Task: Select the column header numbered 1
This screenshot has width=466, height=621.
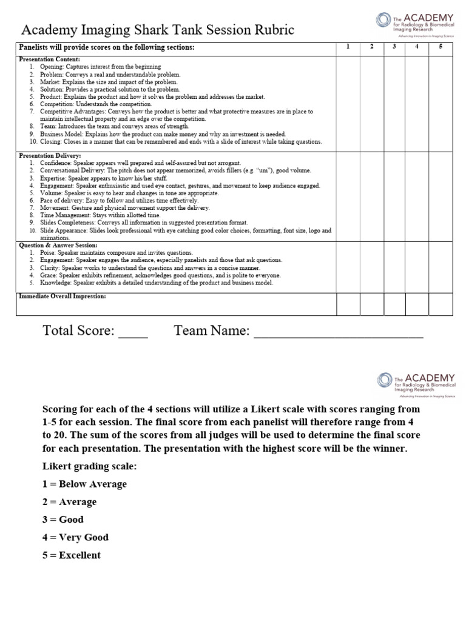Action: click(x=348, y=47)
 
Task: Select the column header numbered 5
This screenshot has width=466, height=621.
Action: click(x=439, y=47)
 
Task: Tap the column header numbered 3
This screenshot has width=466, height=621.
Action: click(x=394, y=47)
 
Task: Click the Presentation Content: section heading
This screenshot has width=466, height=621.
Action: click(x=49, y=59)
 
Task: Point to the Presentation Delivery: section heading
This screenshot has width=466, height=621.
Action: click(x=50, y=155)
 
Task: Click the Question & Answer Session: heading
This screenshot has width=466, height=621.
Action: click(x=58, y=245)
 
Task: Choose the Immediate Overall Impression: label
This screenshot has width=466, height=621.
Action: click(x=62, y=296)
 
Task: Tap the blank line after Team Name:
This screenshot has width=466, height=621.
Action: click(x=338, y=331)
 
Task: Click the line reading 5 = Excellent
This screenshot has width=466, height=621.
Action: click(x=72, y=555)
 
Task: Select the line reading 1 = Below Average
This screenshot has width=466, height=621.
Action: click(x=84, y=484)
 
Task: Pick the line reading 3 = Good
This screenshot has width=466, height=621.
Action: click(x=63, y=520)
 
